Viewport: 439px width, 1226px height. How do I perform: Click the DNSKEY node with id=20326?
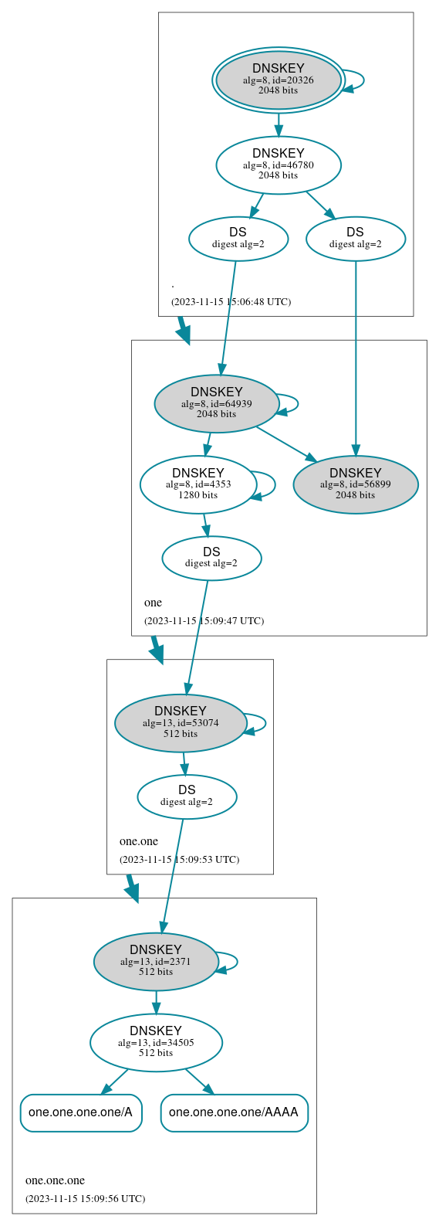coord(278,80)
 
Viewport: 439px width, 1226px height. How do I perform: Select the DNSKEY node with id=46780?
coord(278,165)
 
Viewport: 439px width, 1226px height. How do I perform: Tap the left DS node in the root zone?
coord(238,238)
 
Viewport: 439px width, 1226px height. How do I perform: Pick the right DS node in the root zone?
coord(355,238)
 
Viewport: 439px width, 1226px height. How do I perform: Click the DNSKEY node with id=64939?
coord(216,402)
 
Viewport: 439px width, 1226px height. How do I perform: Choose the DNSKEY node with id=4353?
coord(198,484)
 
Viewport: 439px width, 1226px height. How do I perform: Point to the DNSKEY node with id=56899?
coord(355,484)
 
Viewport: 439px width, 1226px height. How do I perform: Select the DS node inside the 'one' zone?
coord(211,557)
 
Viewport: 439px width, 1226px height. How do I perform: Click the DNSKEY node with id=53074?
coord(180,722)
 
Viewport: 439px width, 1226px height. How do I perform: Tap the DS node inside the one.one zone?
coord(187,796)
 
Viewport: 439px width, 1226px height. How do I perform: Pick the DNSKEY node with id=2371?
coord(155,961)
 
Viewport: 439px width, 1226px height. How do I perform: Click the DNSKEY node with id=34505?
coord(156,1042)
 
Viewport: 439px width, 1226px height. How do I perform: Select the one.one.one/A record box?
coord(81,1112)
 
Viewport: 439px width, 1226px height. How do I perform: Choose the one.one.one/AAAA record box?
coord(234,1112)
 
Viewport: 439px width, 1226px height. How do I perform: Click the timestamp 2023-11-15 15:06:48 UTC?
coord(231,302)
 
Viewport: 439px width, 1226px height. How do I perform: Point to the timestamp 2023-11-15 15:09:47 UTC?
coord(204,621)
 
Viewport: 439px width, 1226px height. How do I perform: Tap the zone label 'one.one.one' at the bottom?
coord(55,1180)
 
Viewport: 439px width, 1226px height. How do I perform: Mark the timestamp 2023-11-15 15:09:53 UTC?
coord(179,860)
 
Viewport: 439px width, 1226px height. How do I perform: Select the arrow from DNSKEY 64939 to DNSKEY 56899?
coord(285,444)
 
